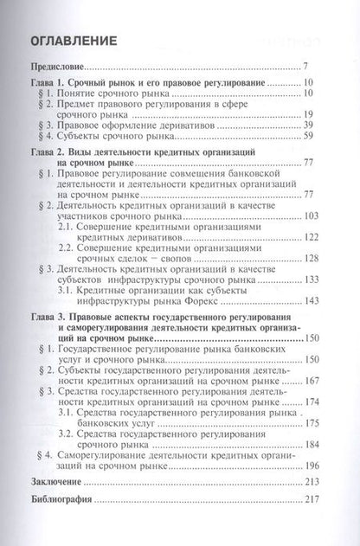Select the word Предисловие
[x=58, y=67]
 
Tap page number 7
[x=318, y=67]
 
